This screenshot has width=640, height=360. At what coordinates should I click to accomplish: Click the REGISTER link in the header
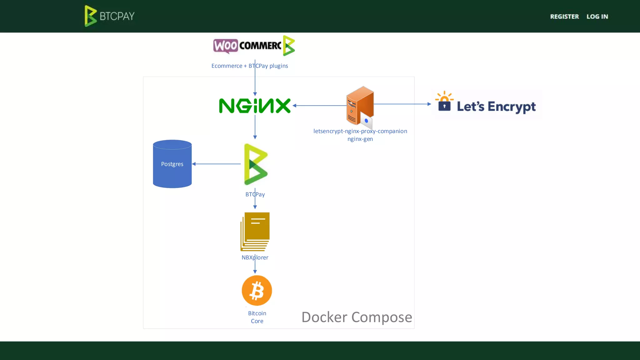pos(564,17)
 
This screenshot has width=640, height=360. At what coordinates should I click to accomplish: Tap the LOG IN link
pos(597,17)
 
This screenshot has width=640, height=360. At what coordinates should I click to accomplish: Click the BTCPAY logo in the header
pos(109,16)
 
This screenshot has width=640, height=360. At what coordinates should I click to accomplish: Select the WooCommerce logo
pos(247,46)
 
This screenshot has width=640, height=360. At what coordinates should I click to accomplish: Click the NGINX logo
pos(255,106)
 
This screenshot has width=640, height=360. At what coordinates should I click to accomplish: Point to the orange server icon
pos(360,106)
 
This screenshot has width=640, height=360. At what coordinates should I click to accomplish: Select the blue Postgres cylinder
pos(172,164)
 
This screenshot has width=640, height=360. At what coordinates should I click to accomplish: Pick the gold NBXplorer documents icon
pos(255,232)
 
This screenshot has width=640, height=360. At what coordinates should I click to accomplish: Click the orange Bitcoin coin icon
pos(257,290)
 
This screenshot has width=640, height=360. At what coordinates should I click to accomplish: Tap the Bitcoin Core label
pos(257,317)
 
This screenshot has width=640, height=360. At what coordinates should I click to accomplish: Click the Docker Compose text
pos(357,317)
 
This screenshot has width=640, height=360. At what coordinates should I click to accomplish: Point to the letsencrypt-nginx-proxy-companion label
pos(360,131)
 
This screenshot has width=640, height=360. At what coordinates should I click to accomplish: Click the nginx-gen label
pos(360,139)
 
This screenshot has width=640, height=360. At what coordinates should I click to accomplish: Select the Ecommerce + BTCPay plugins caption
pos(250,66)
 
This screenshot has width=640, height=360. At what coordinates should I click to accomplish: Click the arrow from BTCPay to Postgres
pos(216,164)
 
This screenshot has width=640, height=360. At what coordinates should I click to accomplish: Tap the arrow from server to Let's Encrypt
pos(402,104)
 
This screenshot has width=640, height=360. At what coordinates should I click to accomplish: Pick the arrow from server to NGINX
pos(319,106)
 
